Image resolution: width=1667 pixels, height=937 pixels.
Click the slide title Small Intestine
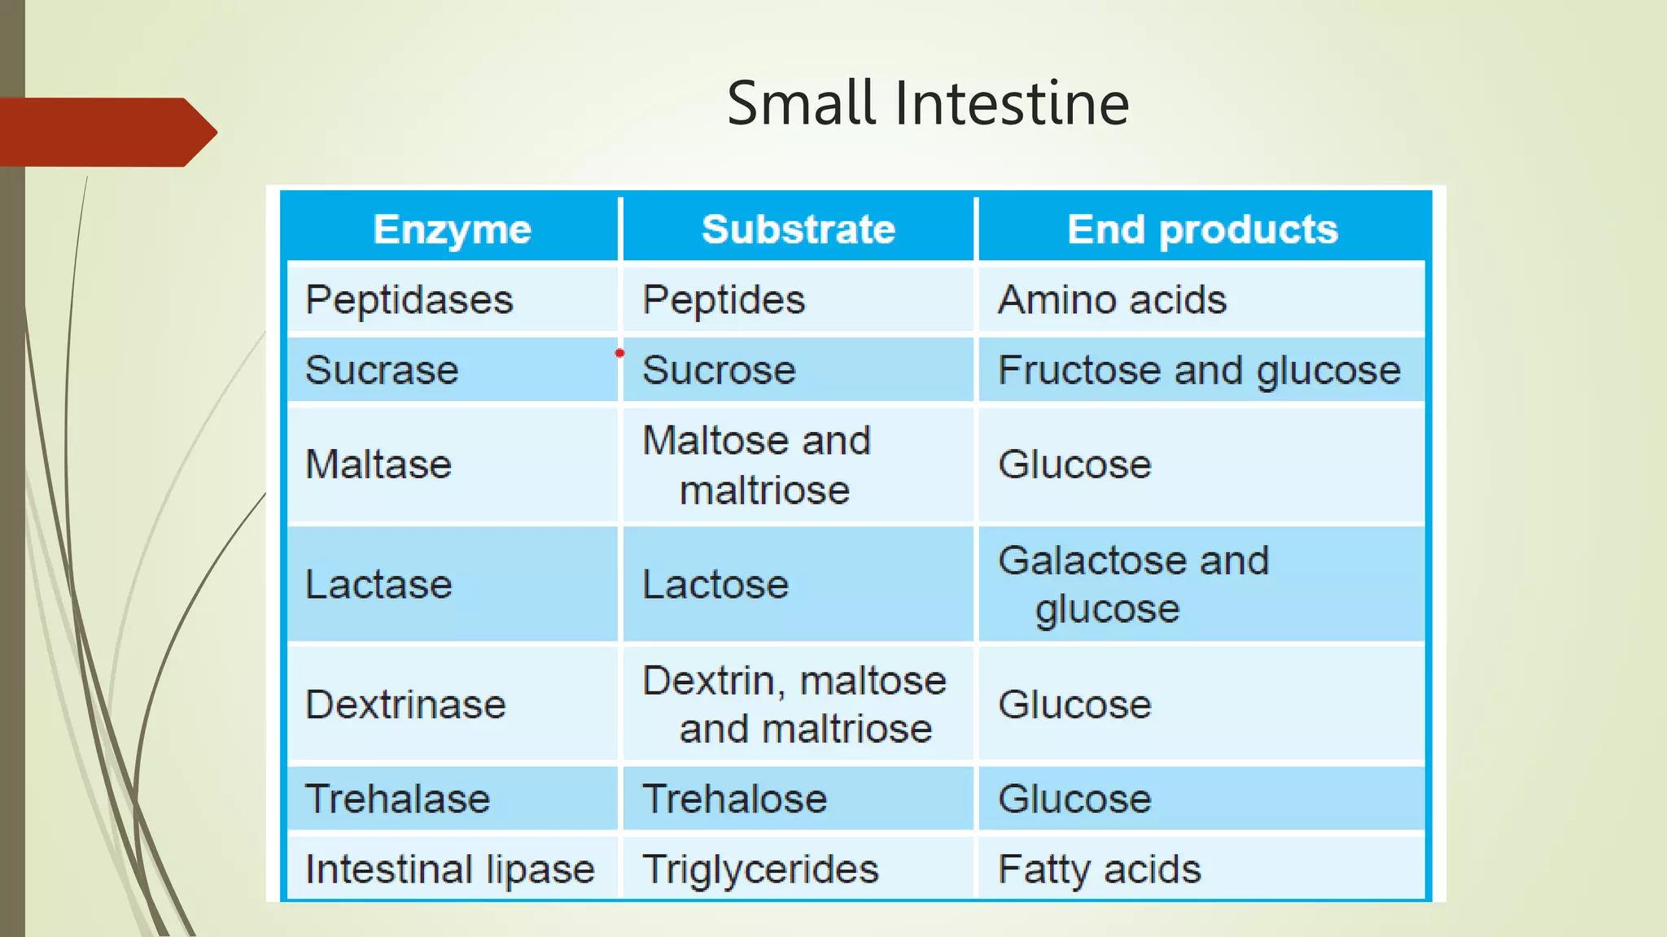pos(928,103)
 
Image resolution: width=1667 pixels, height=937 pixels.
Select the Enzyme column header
pos(452,229)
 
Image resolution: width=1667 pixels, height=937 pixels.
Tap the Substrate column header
pos(798,229)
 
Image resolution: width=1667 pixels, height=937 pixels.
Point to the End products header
pos(1202,229)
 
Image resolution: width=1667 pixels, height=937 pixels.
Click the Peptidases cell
pos(409,300)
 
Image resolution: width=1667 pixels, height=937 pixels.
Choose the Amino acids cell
pos(1112,300)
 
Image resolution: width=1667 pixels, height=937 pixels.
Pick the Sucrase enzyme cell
pos(382,371)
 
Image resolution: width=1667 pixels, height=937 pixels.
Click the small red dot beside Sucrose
pos(619,353)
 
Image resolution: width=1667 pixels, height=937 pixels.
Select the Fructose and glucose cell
pos(1199,371)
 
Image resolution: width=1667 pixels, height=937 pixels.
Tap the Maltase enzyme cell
pos(378,465)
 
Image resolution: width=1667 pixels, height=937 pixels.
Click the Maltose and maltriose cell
pos(757,465)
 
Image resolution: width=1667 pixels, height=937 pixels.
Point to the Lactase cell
pos(378,585)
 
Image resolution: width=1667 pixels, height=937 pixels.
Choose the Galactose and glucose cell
pos(1133,585)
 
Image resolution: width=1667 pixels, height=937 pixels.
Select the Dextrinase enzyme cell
pos(405,704)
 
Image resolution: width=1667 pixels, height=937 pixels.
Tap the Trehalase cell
pos(397,799)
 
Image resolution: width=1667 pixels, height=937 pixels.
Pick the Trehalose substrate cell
pos(734,799)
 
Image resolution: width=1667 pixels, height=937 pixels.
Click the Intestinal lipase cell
pos(449,869)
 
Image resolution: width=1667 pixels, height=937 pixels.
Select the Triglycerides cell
pos(760,869)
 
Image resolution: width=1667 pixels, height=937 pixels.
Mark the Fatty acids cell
pos(1099,869)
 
